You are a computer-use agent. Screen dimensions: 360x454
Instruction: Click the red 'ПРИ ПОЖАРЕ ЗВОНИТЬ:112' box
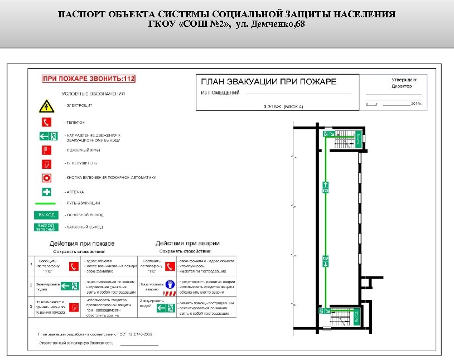[89, 79]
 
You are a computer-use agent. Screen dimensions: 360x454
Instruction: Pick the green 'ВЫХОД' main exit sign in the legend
[46, 215]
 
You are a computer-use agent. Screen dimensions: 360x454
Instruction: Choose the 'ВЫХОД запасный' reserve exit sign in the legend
[46, 227]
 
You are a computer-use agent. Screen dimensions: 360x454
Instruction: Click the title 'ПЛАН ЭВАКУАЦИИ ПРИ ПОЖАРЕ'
[268, 81]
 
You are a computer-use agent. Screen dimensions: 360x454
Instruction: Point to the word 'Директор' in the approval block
[402, 86]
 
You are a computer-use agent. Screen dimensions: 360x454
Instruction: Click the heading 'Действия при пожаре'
[82, 244]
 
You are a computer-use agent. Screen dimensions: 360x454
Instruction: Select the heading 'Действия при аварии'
[187, 244]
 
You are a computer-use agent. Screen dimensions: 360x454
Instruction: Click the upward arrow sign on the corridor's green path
[325, 186]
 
